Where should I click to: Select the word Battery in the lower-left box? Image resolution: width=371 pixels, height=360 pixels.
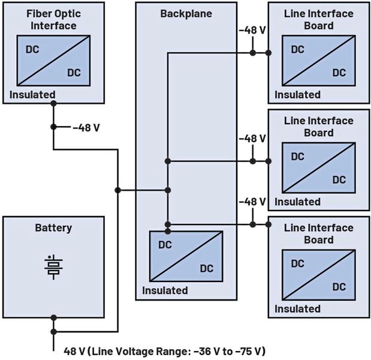point(53,228)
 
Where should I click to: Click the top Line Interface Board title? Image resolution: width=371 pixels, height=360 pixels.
point(318,19)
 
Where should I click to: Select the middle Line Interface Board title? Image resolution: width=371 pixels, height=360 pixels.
point(318,127)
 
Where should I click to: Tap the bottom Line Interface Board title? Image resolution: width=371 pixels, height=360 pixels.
point(318,233)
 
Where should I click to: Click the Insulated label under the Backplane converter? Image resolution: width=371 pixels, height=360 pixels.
point(165,290)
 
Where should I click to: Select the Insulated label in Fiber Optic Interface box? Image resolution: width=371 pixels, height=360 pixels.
point(32,94)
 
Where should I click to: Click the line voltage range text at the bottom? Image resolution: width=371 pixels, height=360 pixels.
point(164,350)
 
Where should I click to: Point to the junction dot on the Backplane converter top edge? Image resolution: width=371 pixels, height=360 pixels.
point(168,231)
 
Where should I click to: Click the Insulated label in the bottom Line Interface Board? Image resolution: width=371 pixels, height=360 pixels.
point(297,309)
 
